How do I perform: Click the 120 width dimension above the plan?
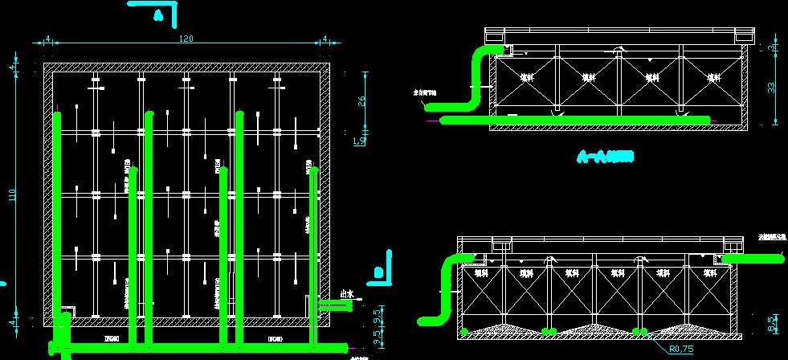(186, 39)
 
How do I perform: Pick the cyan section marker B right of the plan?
(378, 272)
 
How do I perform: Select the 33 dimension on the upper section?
(772, 88)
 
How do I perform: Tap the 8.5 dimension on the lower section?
(773, 324)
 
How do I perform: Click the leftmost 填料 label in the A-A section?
(527, 78)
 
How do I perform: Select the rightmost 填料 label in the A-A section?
(713, 78)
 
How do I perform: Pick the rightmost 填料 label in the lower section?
(709, 274)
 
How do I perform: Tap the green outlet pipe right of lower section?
(753, 258)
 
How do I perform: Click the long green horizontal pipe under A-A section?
(574, 121)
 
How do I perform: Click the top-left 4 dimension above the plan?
(48, 39)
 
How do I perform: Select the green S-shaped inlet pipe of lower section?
(445, 289)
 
